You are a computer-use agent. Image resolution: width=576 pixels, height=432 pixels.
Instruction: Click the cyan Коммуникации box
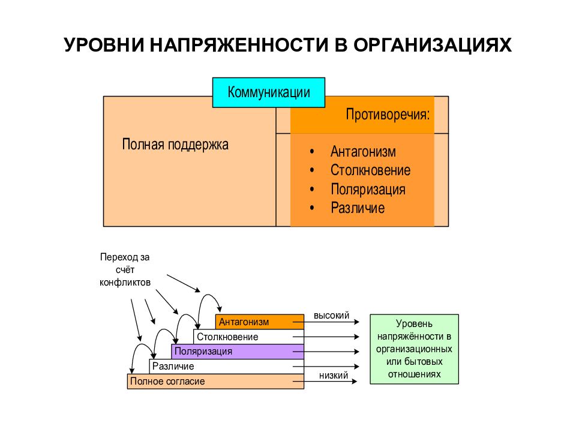coord(269,92)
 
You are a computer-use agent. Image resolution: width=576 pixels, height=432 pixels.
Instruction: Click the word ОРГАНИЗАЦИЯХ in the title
coord(433,45)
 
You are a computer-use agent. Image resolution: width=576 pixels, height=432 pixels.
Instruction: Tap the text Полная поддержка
coord(175,145)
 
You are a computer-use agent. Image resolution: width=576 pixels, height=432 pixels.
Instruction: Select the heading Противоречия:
coord(388,115)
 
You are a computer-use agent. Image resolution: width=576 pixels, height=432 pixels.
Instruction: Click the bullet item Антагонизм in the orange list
coord(363,151)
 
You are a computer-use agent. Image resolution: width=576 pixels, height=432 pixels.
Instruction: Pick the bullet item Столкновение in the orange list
coord(370,170)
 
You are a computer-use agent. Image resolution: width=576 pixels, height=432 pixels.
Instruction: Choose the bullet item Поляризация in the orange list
coord(368,190)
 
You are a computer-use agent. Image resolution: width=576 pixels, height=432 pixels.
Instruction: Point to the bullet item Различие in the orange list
coord(358,208)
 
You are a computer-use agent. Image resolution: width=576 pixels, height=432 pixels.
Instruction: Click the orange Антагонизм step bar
coord(260,322)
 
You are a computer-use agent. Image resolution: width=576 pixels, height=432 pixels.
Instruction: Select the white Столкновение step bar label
coord(227,337)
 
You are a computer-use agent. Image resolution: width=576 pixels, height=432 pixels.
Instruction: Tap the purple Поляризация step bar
coord(238,352)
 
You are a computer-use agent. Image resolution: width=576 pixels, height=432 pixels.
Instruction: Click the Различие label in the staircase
coord(173,366)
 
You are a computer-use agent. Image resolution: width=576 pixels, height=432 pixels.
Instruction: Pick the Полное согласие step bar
coord(215,382)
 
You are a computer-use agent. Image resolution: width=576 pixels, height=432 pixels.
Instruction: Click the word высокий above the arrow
coord(331,316)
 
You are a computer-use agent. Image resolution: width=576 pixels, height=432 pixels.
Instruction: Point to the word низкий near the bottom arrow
coord(334,376)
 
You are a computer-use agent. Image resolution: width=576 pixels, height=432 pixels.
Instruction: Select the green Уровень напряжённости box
coord(415,349)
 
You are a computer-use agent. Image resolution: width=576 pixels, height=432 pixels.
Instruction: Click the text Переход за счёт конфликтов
coord(125,269)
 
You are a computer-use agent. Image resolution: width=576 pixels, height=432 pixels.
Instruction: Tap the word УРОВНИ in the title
coord(104,45)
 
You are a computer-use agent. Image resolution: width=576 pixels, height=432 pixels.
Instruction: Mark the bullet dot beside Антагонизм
coord(312,151)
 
